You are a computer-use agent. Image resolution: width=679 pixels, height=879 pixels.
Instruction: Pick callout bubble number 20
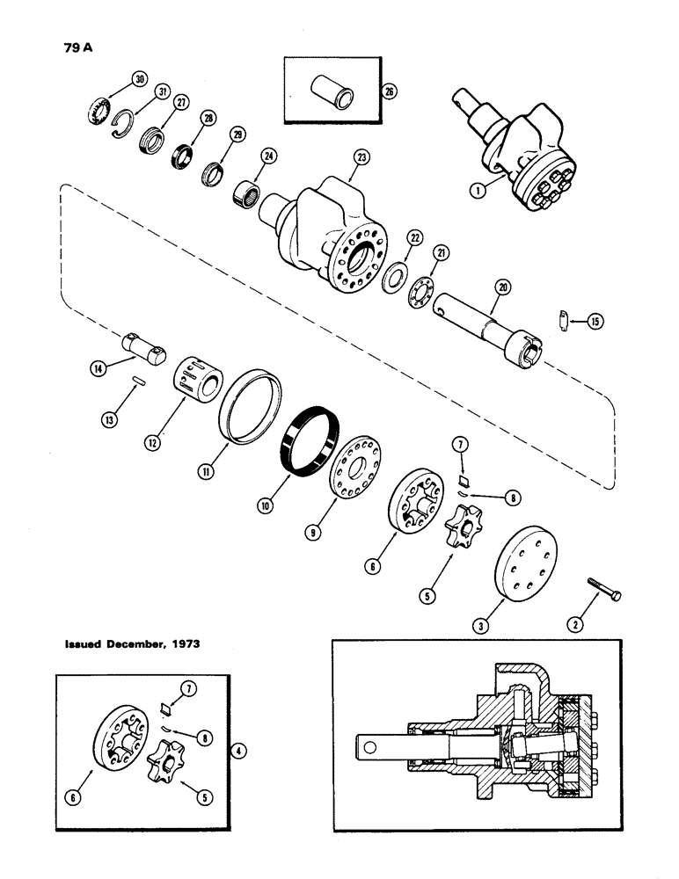click(x=502, y=287)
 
